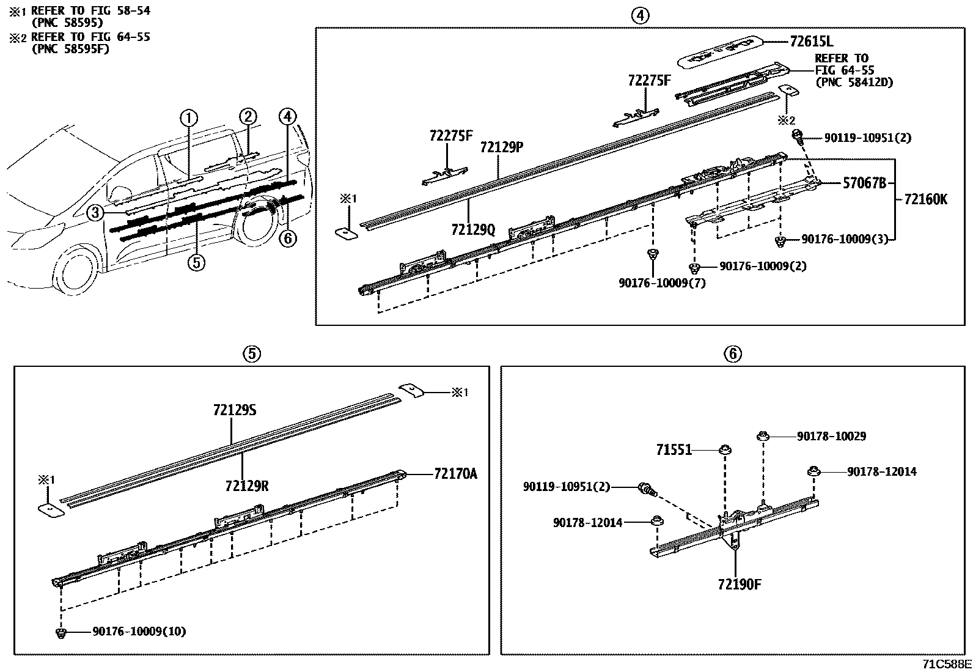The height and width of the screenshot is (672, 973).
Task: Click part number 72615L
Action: coord(812,42)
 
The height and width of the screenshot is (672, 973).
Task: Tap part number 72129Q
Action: coord(473,229)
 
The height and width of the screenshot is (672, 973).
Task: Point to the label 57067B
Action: coord(864,183)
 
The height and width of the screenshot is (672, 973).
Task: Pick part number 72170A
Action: coord(455,473)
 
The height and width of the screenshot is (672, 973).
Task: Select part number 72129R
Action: coord(247,486)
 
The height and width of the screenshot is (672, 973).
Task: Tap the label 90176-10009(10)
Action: coord(139,631)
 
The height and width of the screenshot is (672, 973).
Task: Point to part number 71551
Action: coord(674,450)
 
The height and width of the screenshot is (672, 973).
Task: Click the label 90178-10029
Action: coord(831,437)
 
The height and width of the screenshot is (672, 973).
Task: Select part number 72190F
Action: coord(740,584)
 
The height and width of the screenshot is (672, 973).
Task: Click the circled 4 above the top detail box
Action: coord(639,16)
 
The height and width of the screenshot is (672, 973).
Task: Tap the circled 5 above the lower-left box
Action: coord(251,353)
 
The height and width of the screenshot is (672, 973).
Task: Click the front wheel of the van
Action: coord(78,274)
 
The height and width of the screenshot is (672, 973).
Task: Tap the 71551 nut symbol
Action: coord(725,450)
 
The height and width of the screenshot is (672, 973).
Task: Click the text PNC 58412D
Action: coord(854,82)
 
